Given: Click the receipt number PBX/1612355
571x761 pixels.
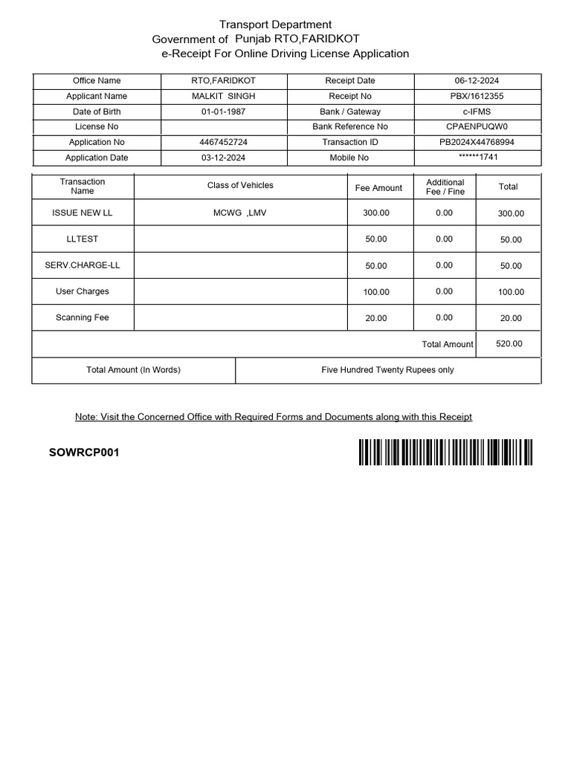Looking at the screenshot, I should (x=477, y=96).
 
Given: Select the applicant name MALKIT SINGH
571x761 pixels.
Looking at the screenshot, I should (x=223, y=96).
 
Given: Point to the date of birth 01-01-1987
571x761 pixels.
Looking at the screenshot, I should (x=223, y=111).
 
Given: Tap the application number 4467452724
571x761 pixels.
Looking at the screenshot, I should (x=223, y=142).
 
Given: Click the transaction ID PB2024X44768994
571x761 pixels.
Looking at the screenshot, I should (x=477, y=142).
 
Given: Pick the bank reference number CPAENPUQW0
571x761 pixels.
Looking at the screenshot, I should (x=477, y=126).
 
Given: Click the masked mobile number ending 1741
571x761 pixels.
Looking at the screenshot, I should (x=477, y=157).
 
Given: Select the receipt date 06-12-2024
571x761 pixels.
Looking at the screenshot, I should (x=477, y=80).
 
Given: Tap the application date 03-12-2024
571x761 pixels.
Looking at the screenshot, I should (x=223, y=158).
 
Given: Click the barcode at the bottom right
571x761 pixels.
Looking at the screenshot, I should (x=445, y=452).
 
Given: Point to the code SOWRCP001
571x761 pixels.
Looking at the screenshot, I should (x=84, y=453).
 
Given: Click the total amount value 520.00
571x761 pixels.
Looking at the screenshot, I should (x=509, y=343).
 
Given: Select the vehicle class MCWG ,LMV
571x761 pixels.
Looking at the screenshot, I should (x=240, y=213).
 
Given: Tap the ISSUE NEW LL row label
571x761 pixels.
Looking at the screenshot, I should (x=83, y=213).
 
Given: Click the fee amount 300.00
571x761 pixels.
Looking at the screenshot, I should (x=376, y=213).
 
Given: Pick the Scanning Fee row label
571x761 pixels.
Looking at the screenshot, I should (x=83, y=317).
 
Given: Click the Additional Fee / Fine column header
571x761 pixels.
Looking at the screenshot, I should (x=445, y=187).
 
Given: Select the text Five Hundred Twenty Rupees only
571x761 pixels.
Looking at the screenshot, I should (x=387, y=369).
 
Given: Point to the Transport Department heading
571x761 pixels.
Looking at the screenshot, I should (x=275, y=25).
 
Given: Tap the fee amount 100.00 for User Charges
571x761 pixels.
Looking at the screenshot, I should (x=376, y=292).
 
